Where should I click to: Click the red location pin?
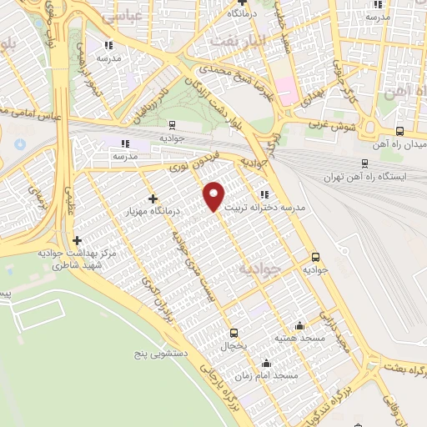tap(214, 196)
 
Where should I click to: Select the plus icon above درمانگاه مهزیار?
tap(152, 198)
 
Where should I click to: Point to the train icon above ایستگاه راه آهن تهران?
tap(364, 163)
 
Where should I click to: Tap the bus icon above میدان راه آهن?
tap(399, 131)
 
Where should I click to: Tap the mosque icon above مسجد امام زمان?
tap(266, 363)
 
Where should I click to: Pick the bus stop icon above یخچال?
tap(234, 332)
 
